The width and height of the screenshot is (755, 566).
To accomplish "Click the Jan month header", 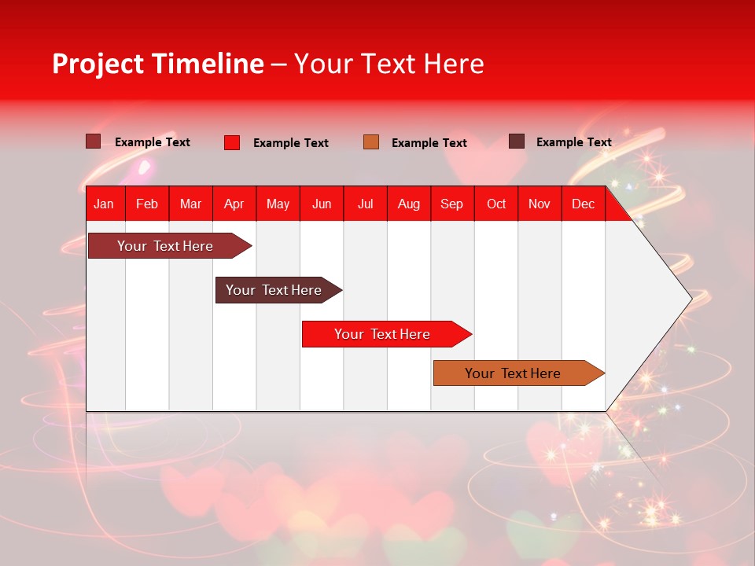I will coord(104,204).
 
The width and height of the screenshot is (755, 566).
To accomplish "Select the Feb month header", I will coord(147,204).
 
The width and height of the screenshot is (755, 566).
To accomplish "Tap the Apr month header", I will coord(234,204).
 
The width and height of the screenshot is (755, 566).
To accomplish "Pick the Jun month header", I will coord(322,204).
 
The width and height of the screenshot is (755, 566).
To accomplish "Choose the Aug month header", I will coord(408,204).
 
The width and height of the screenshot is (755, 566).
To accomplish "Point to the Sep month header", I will coord(451,204).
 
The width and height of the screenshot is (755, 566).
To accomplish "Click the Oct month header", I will coord(496,204).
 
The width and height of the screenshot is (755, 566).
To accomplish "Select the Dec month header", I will coord(583,204).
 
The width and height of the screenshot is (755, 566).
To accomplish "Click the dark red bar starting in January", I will coord(165,246).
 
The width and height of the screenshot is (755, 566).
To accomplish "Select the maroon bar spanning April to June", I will coord(274,290).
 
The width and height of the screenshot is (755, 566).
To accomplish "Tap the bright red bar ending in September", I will coord(382,334).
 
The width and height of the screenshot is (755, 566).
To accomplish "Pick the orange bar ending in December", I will coord(513,373).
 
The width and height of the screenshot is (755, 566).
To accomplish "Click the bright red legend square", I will coord(232,142).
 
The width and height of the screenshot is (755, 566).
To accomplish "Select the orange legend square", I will coord(371,141).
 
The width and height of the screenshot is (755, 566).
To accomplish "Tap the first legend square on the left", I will coord(94,141).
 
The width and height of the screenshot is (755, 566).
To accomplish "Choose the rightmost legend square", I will coord(517,141).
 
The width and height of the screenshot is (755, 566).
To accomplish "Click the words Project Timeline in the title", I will coord(157,64).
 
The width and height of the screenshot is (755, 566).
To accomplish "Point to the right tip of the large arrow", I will coord(690,298).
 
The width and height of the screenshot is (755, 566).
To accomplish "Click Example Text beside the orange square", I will coord(429,143).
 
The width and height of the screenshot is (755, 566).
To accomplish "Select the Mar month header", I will coord(190,204).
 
